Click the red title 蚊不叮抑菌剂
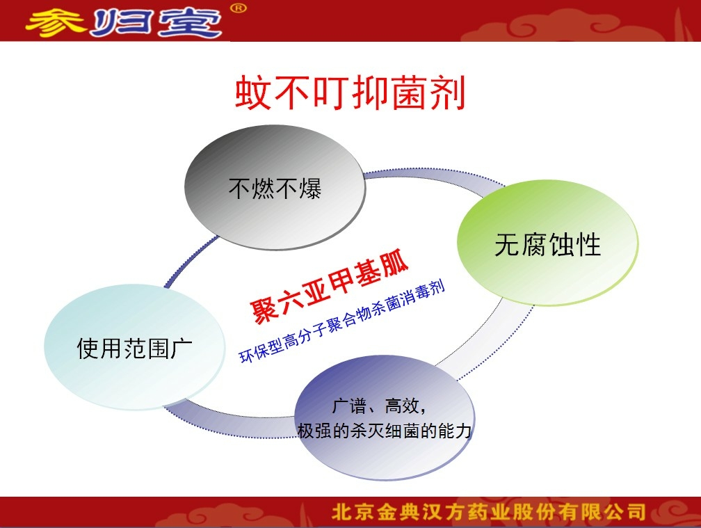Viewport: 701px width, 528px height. pos(350,93)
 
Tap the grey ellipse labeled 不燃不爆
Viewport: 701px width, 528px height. pos(275,187)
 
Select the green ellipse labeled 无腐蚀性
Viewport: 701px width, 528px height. pos(548,243)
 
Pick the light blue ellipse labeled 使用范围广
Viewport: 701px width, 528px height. pos(135,347)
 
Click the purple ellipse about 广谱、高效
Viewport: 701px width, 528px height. pos(385,418)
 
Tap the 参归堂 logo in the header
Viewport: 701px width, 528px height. pos(123,22)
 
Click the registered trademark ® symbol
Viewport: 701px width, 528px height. pos(239,8)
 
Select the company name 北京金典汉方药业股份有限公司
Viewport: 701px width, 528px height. pos(489,512)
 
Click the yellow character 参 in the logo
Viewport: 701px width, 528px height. pos(56,22)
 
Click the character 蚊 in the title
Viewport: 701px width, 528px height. pos(253,93)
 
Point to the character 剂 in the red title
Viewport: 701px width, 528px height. pos(448,93)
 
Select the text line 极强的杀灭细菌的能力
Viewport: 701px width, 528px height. pos(385,431)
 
